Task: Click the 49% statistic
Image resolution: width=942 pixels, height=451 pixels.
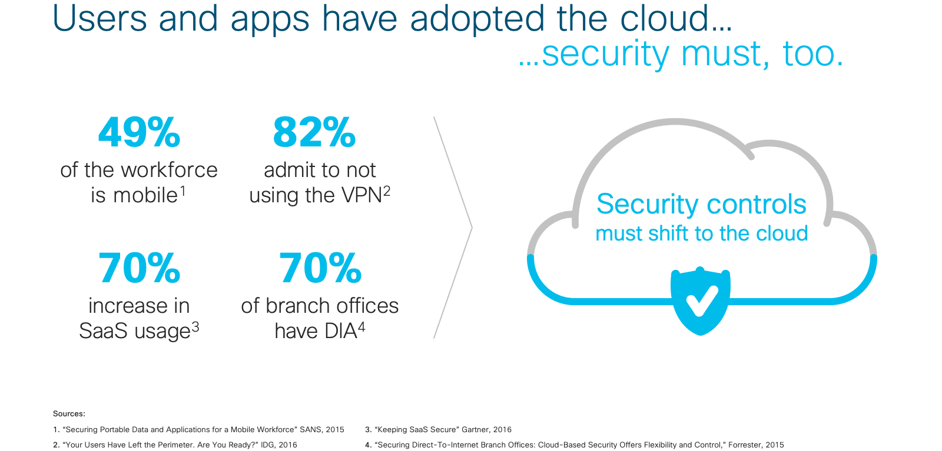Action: point(139,132)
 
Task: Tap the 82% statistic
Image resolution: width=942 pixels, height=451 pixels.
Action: point(314,132)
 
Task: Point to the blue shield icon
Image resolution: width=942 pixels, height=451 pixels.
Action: point(700,300)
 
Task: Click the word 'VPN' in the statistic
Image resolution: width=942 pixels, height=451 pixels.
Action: point(361,195)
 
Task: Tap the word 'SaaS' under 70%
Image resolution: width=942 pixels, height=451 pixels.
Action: point(103,331)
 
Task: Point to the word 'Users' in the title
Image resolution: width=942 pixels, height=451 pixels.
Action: point(99,18)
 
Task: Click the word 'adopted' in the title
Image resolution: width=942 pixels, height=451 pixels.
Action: point(477,20)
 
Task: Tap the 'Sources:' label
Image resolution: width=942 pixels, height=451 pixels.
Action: point(69,413)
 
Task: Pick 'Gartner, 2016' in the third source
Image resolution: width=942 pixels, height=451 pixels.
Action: point(486,430)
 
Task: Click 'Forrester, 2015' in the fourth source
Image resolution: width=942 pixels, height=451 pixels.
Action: point(756,445)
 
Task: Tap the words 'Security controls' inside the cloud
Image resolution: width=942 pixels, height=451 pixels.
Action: point(701,205)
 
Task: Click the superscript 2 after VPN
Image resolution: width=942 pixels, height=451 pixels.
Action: point(387,192)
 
